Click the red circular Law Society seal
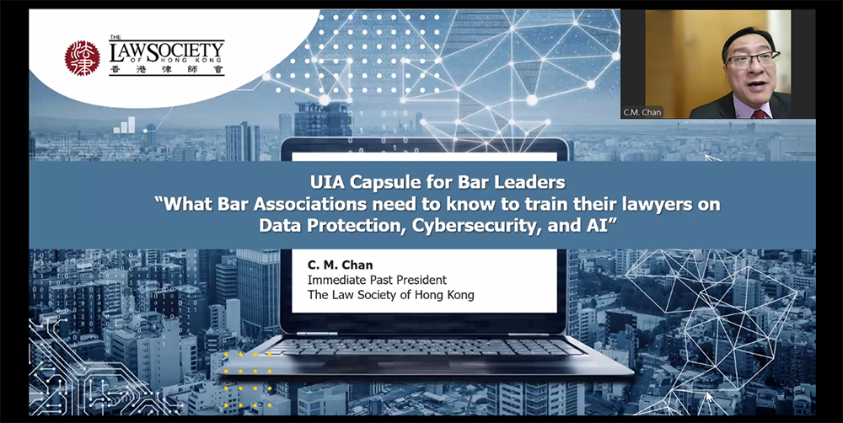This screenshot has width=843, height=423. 83,58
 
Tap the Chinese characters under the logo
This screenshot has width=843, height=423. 167,70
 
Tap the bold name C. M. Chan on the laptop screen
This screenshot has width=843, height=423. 340,265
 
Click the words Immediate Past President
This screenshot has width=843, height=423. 377,280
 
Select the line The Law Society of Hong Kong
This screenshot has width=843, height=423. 391,295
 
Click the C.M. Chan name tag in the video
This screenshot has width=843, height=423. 642,112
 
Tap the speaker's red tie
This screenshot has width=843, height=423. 759,115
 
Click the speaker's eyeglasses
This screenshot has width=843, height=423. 753,59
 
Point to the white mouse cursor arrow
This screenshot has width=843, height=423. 710,397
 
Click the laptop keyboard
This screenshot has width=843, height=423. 424,346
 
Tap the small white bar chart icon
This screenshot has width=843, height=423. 124,125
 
